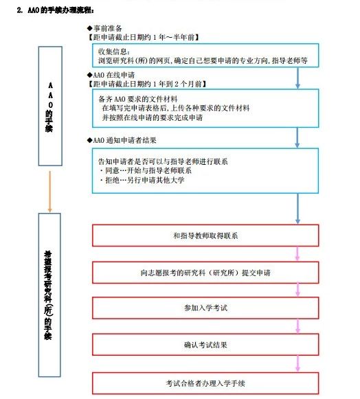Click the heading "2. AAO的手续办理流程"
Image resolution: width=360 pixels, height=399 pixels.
55,10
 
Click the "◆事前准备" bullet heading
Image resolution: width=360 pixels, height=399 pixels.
104,28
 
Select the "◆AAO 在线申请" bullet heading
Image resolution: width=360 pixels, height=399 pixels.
111,75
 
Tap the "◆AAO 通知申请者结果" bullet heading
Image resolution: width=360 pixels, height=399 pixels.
122,140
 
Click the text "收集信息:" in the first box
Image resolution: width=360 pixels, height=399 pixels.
114,52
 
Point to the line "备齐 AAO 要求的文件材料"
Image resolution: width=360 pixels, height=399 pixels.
138,99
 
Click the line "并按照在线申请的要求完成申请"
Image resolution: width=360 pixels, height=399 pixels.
153,117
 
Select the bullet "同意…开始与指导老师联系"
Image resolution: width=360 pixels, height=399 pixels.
146,170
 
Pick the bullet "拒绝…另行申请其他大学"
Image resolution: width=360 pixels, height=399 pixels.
142,180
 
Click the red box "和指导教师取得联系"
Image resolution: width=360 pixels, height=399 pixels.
205,236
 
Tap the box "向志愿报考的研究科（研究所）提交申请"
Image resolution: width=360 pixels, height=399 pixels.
205,273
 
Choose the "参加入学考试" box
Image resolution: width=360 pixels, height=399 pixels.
205,308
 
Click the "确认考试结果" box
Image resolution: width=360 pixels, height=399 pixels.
205,345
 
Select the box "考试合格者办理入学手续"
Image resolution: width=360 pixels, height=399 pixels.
205,383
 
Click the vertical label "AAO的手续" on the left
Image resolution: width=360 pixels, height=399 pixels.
50,107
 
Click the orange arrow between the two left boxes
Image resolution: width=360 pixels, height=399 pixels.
50,192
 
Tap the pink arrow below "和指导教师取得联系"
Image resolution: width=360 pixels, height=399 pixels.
297,253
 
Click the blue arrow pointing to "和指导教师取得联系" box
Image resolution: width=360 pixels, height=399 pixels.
297,209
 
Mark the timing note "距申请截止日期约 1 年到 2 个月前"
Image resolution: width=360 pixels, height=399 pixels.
147,84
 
